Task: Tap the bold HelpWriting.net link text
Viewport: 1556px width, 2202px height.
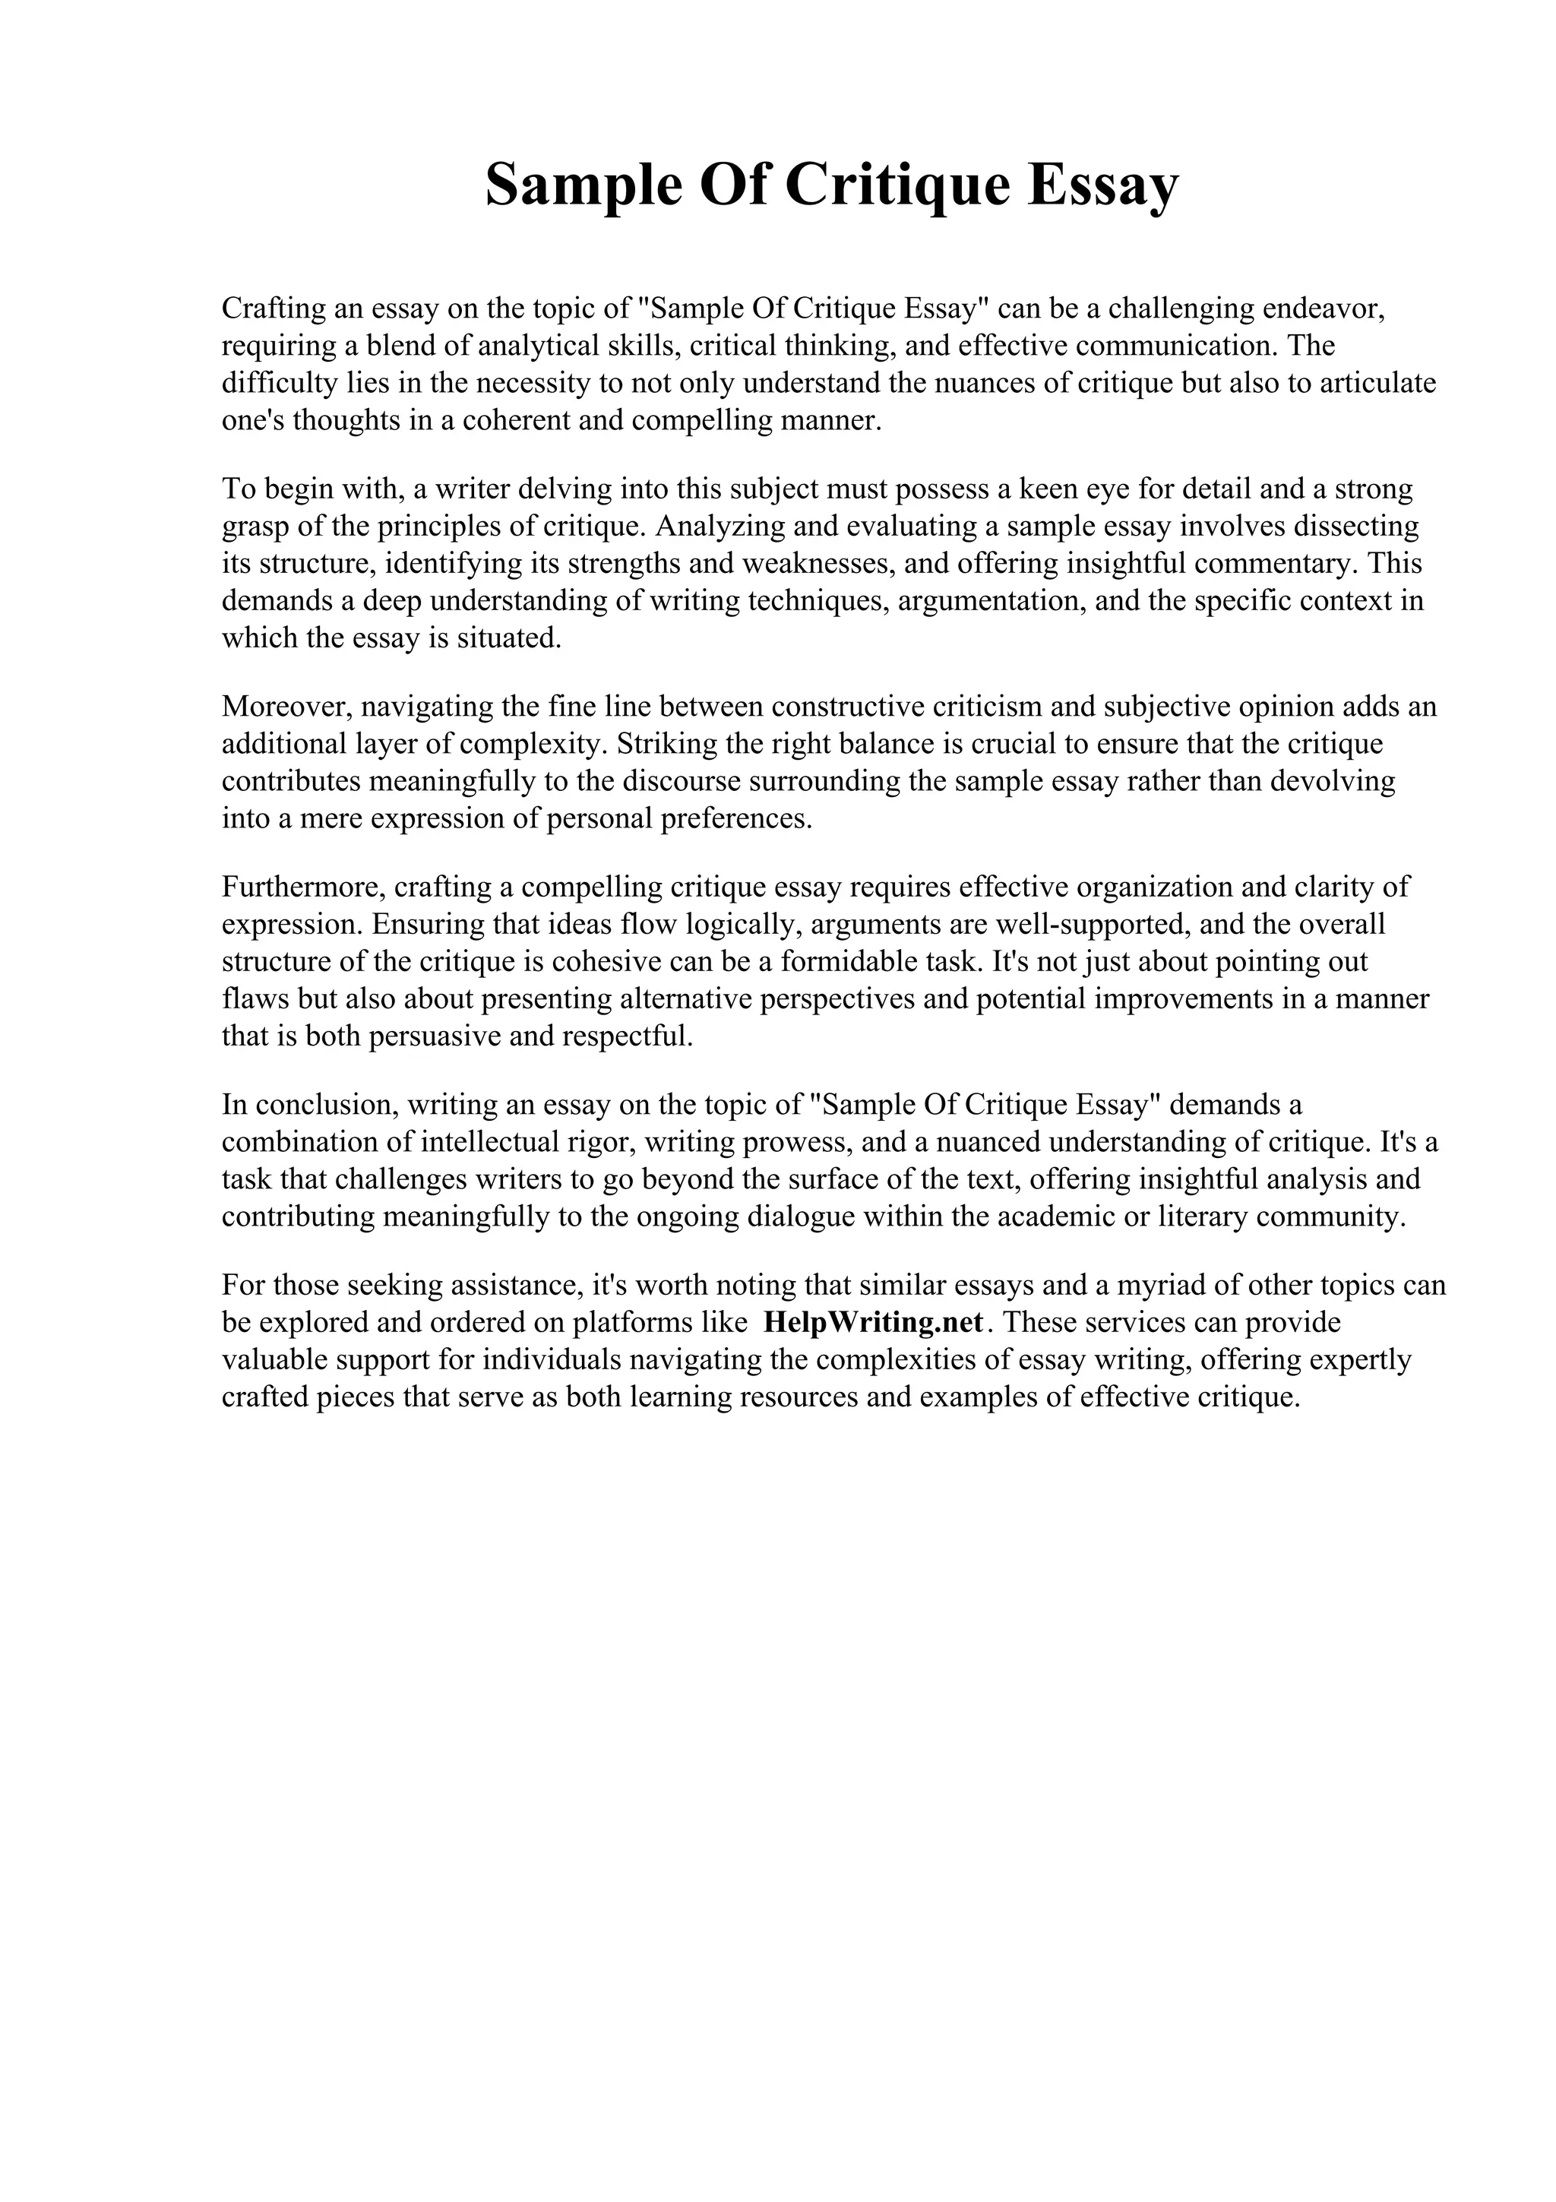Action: [x=874, y=1323]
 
